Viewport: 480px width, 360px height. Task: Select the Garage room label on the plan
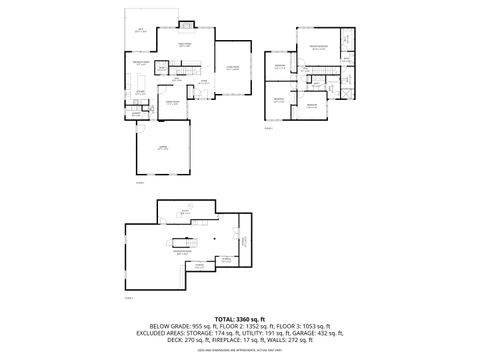tap(161, 148)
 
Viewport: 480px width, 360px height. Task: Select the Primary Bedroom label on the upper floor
tap(319, 48)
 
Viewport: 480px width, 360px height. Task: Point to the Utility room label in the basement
tap(186, 211)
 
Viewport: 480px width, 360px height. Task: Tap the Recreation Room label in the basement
tap(183, 252)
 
